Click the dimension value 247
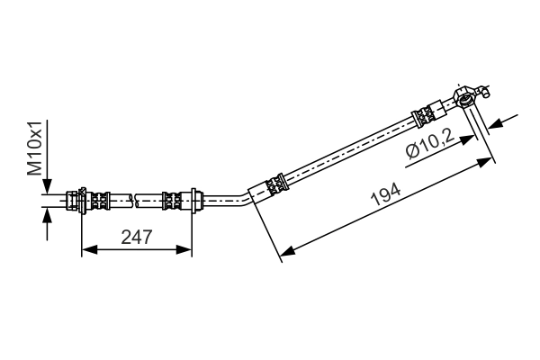[136, 237]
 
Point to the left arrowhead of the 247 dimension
[86, 249]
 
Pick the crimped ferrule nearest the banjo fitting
[424, 114]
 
